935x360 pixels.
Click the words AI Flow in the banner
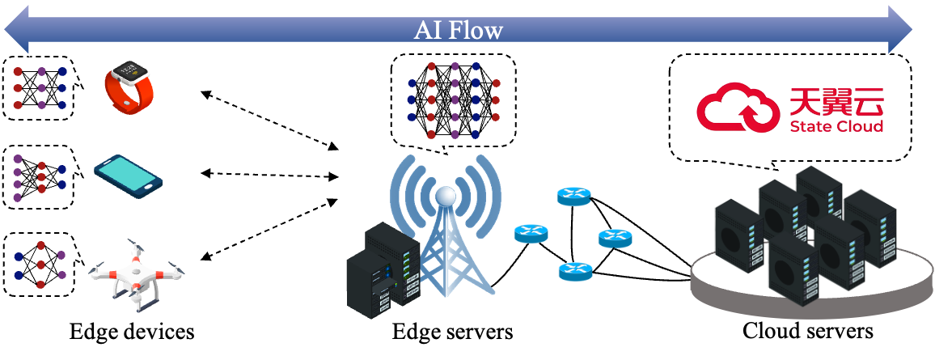point(459,30)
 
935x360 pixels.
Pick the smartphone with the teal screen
point(128,176)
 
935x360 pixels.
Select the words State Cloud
point(836,126)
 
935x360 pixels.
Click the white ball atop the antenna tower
point(446,196)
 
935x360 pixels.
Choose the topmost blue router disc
point(574,196)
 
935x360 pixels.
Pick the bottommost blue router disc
point(575,271)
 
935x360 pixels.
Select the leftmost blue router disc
point(531,234)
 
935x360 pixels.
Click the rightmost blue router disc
point(616,238)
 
